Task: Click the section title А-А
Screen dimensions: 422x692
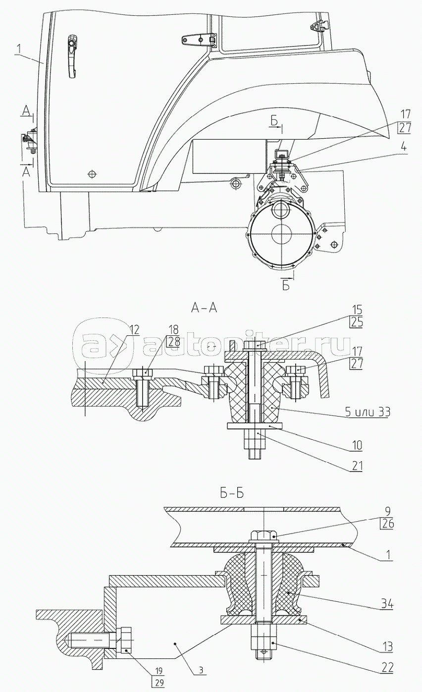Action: click(x=204, y=308)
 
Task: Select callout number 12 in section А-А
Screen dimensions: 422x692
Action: click(x=134, y=330)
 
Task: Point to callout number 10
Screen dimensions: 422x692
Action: click(x=357, y=445)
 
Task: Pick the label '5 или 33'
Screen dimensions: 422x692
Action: click(x=368, y=412)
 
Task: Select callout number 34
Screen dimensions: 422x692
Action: click(x=387, y=604)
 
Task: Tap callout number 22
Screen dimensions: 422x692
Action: click(x=387, y=668)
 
